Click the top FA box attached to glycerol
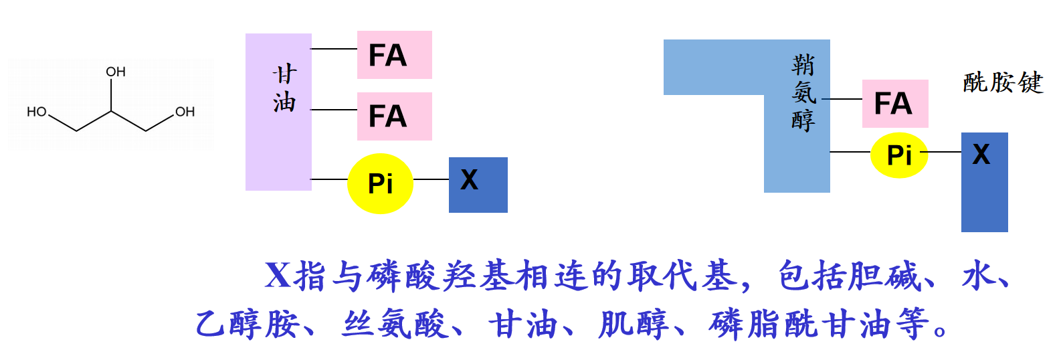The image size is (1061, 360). pyautogui.click(x=394, y=55)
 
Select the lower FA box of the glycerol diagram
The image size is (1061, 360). pyautogui.click(x=394, y=116)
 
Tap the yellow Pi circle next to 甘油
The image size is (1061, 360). pyautogui.click(x=380, y=183)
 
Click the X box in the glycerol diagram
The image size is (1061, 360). pyautogui.click(x=478, y=185)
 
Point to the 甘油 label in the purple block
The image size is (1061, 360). pyautogui.click(x=284, y=88)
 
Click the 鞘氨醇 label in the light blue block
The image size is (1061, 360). pyautogui.click(x=803, y=92)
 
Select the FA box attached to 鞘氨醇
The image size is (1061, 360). pyautogui.click(x=894, y=104)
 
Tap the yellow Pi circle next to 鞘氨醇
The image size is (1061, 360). pyautogui.click(x=899, y=155)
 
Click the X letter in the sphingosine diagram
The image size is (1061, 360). pyautogui.click(x=981, y=155)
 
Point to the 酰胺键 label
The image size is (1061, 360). pyautogui.click(x=1003, y=82)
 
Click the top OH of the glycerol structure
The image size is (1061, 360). pyautogui.click(x=116, y=72)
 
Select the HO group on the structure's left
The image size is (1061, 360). pyautogui.click(x=37, y=112)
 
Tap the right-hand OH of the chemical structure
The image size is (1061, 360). pyautogui.click(x=185, y=112)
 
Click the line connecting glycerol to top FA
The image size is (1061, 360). pyautogui.click(x=334, y=49)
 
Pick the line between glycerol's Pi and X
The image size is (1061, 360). pyautogui.click(x=431, y=179)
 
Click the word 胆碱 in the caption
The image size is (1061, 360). pyautogui.click(x=884, y=276)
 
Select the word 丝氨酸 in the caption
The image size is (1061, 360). pyautogui.click(x=395, y=325)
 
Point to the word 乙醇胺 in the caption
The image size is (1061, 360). pyautogui.click(x=247, y=325)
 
